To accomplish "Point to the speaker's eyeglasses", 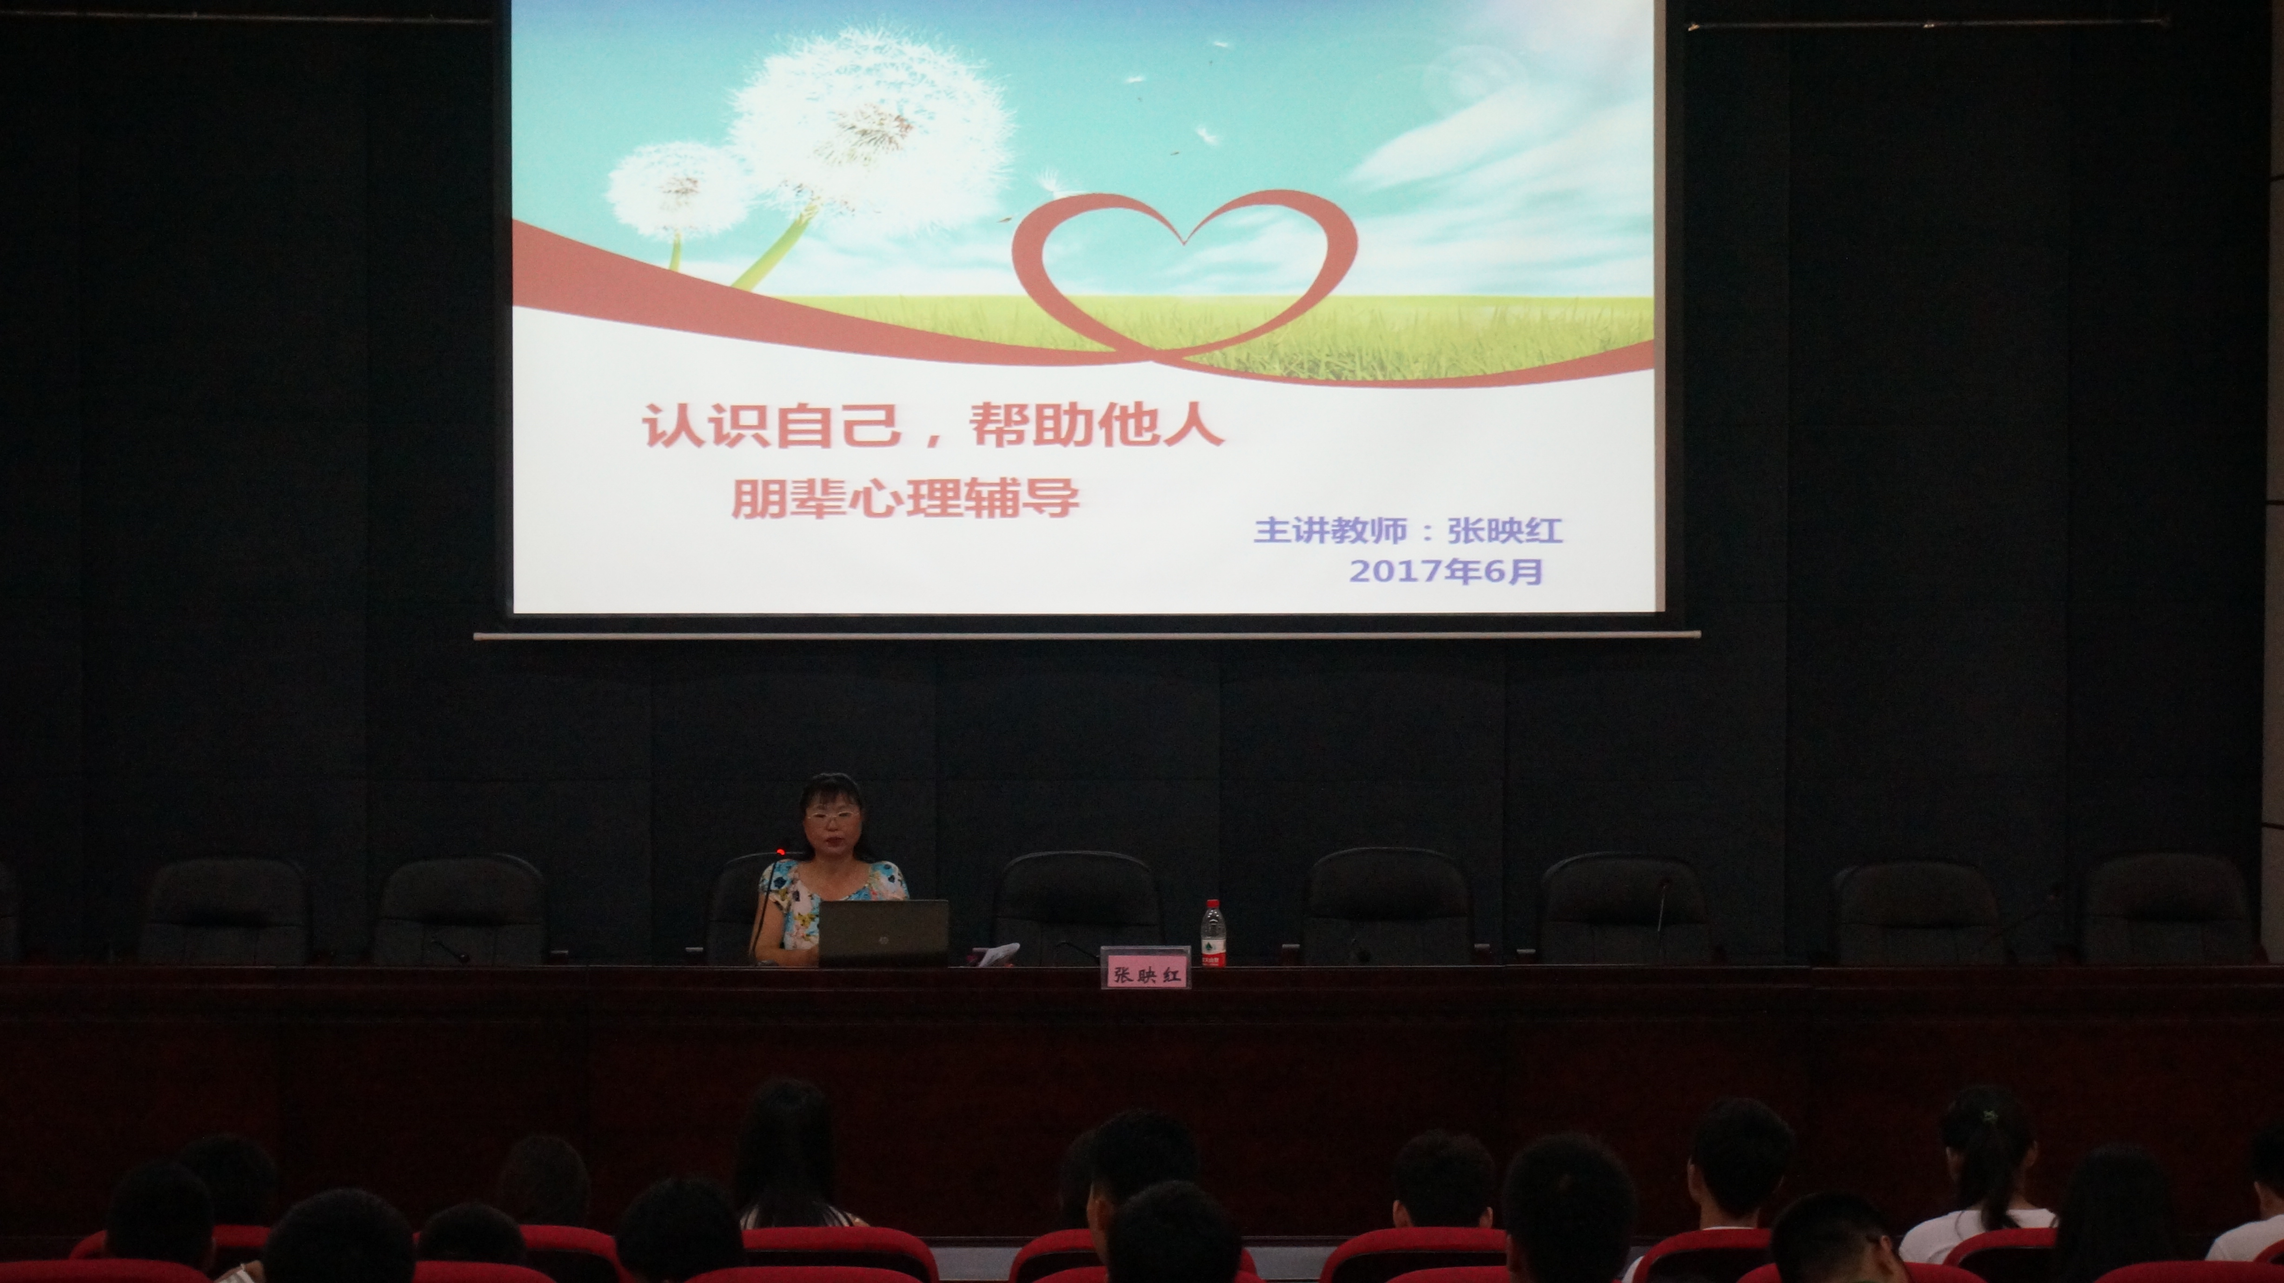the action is (x=831, y=814).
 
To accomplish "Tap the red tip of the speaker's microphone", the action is (x=780, y=853).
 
